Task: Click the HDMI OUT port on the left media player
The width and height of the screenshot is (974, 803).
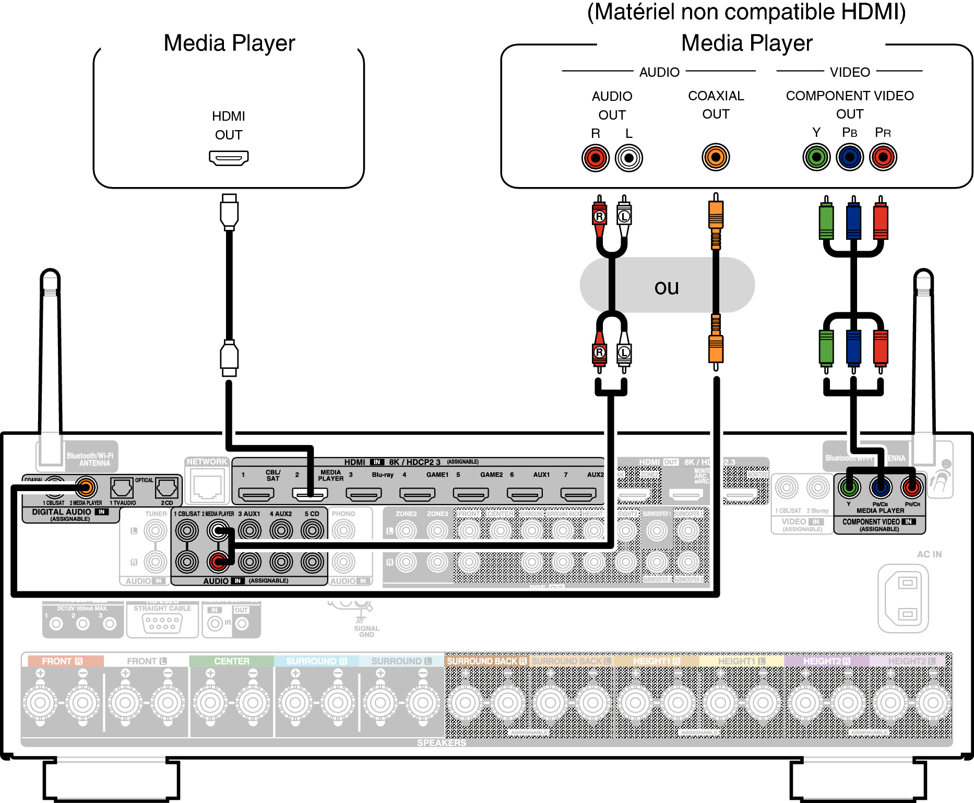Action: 229,157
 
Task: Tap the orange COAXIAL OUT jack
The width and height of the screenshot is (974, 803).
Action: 716,157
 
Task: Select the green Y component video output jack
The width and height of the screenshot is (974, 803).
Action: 816,157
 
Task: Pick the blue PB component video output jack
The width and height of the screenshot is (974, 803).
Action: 850,157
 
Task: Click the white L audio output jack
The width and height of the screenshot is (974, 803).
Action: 629,158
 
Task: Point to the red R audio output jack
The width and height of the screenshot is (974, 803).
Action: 596,158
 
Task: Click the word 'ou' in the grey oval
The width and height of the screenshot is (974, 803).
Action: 667,287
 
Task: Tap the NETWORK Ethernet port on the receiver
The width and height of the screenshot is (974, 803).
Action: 208,486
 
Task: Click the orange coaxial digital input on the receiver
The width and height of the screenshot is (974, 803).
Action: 86,487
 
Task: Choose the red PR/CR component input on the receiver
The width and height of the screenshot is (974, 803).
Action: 911,488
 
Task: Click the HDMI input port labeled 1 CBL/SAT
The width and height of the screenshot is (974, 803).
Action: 256,494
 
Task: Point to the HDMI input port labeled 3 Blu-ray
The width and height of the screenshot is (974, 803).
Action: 364,494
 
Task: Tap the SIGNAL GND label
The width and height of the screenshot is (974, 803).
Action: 366,631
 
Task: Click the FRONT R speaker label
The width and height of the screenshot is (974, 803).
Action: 62,661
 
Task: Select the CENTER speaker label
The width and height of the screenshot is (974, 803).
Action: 232,661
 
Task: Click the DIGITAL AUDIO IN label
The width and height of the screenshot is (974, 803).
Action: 69,512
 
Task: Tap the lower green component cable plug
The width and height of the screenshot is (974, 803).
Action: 826,347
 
